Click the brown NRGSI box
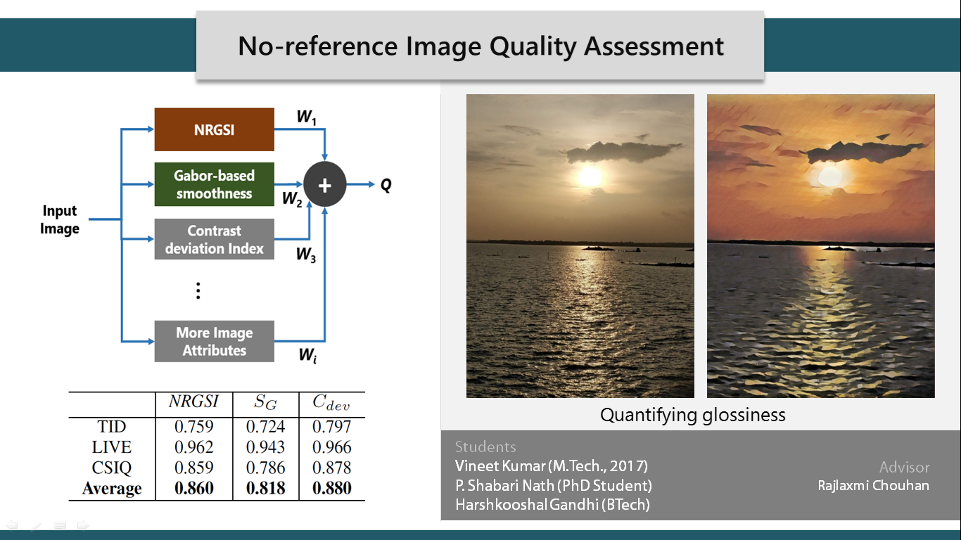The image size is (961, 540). [214, 129]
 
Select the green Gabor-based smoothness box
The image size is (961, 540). [214, 184]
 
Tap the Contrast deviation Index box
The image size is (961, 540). [214, 239]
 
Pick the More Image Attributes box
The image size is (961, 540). [214, 342]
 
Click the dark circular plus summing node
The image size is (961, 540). [325, 185]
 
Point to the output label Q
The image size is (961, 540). [386, 186]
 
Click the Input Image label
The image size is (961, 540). [60, 219]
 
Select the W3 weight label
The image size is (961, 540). [306, 255]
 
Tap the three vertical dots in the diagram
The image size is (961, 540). [198, 290]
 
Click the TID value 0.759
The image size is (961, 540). [194, 426]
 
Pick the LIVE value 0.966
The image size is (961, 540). [331, 447]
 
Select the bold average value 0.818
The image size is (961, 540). [265, 488]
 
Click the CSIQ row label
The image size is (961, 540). [112, 468]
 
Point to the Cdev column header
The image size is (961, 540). [331, 403]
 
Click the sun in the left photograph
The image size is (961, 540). [590, 176]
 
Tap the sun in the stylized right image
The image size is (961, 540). [829, 176]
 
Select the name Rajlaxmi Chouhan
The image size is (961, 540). [874, 486]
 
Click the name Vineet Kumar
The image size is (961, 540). [500, 465]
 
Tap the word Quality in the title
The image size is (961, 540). [533, 46]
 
